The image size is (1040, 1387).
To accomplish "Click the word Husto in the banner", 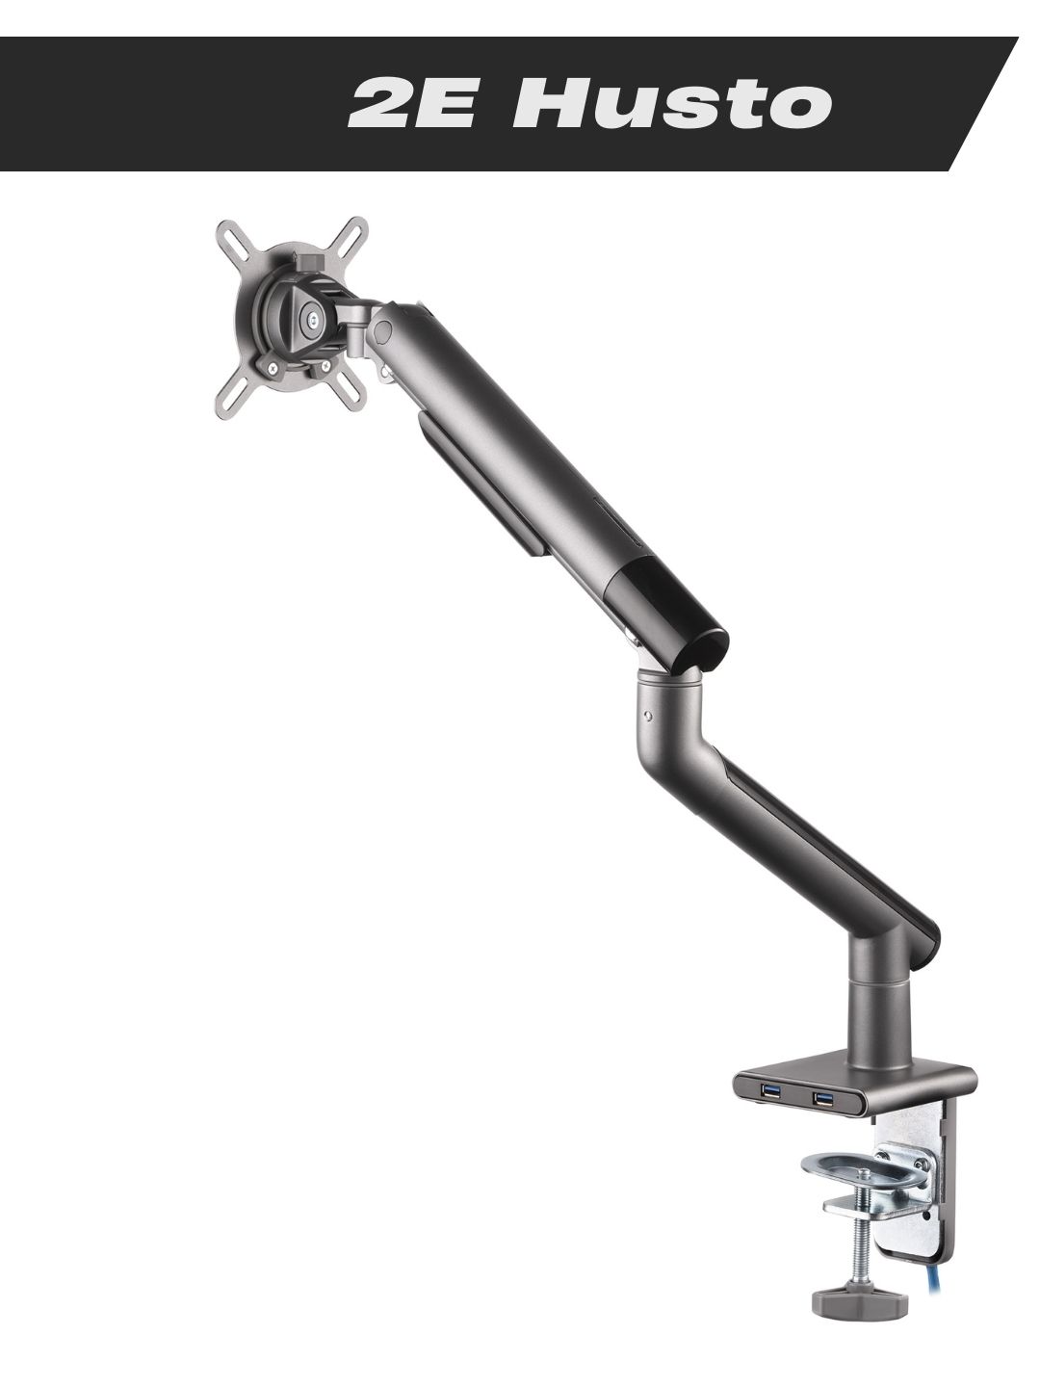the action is tap(673, 104).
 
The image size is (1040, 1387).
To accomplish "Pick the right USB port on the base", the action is tap(822, 1098).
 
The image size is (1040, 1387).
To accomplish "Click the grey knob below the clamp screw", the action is tap(859, 1304).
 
